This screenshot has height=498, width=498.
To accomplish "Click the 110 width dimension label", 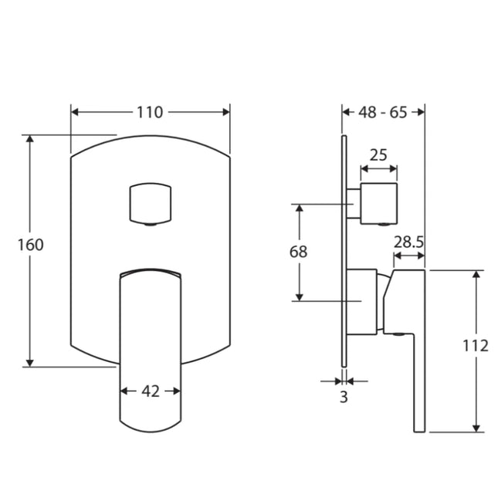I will click(x=150, y=112).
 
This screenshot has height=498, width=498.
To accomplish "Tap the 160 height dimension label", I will click(x=31, y=245).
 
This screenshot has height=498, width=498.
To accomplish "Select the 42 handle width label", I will click(x=151, y=391).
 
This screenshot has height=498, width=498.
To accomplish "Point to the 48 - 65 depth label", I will click(x=383, y=112).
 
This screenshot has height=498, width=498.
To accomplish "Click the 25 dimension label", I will click(x=378, y=154).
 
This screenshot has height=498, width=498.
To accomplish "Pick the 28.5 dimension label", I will click(x=408, y=242).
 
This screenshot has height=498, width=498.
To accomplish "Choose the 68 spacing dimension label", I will click(x=299, y=252).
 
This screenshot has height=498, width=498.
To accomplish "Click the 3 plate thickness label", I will click(x=344, y=398).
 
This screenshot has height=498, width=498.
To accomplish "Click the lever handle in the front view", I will click(x=151, y=347).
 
